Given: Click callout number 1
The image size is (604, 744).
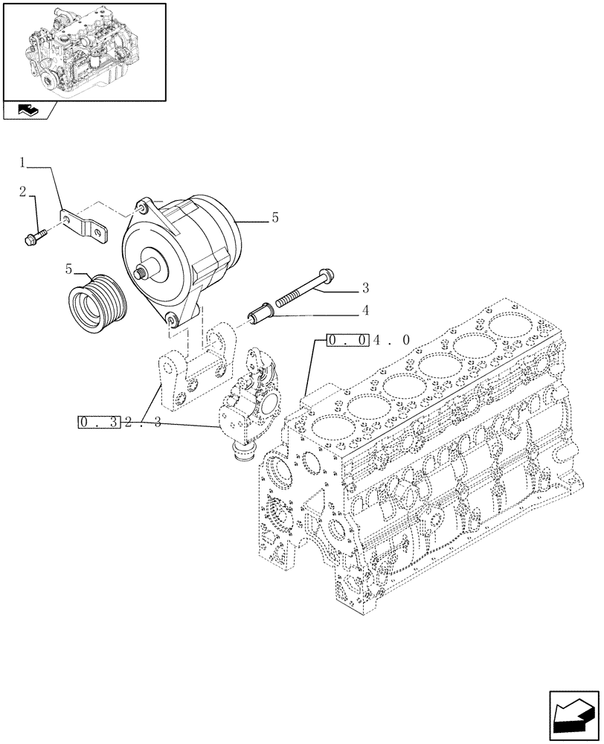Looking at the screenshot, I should [24, 162].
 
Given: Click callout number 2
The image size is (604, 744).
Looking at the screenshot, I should [24, 193].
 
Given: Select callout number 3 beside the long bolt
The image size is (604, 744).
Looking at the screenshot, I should [365, 287].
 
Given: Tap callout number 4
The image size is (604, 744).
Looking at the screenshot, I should [365, 310].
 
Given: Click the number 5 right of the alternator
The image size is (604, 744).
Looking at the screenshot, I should [274, 218].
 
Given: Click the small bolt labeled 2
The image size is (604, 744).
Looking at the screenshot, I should [36, 238].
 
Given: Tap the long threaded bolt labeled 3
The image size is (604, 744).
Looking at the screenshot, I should [305, 289].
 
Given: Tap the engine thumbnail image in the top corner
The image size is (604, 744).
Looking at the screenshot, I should [84, 51].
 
